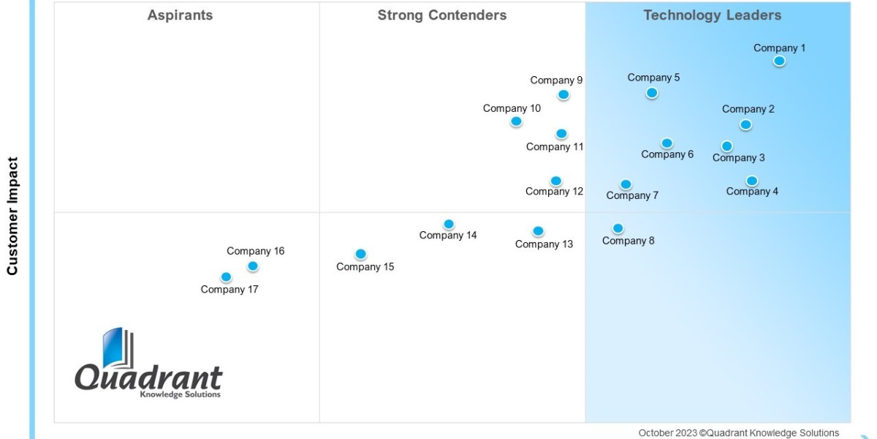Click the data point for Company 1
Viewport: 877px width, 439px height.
[x=779, y=61]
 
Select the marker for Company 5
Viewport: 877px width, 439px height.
[x=652, y=93]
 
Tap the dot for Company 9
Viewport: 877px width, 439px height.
[x=563, y=94]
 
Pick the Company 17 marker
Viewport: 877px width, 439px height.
[x=226, y=277]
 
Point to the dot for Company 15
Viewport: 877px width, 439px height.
[x=360, y=255]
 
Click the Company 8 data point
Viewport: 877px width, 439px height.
[x=618, y=228]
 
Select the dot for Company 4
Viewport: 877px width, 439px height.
[x=751, y=181]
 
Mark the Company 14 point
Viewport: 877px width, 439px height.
[x=449, y=224]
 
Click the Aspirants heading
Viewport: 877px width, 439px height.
[x=180, y=15]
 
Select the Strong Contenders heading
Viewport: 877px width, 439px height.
[x=441, y=15]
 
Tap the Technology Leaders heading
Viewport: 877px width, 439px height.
[x=712, y=15]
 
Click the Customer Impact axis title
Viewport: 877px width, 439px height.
[x=12, y=216]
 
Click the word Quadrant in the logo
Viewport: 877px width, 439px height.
[x=148, y=378]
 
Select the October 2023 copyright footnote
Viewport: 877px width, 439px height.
[x=738, y=432]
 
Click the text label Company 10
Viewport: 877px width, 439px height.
[x=512, y=108]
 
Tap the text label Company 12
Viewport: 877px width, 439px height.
[x=554, y=192]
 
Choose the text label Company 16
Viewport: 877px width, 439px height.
[x=255, y=251]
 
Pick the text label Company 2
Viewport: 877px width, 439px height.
[x=748, y=109]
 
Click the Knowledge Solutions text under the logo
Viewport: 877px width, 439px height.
[x=179, y=395]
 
